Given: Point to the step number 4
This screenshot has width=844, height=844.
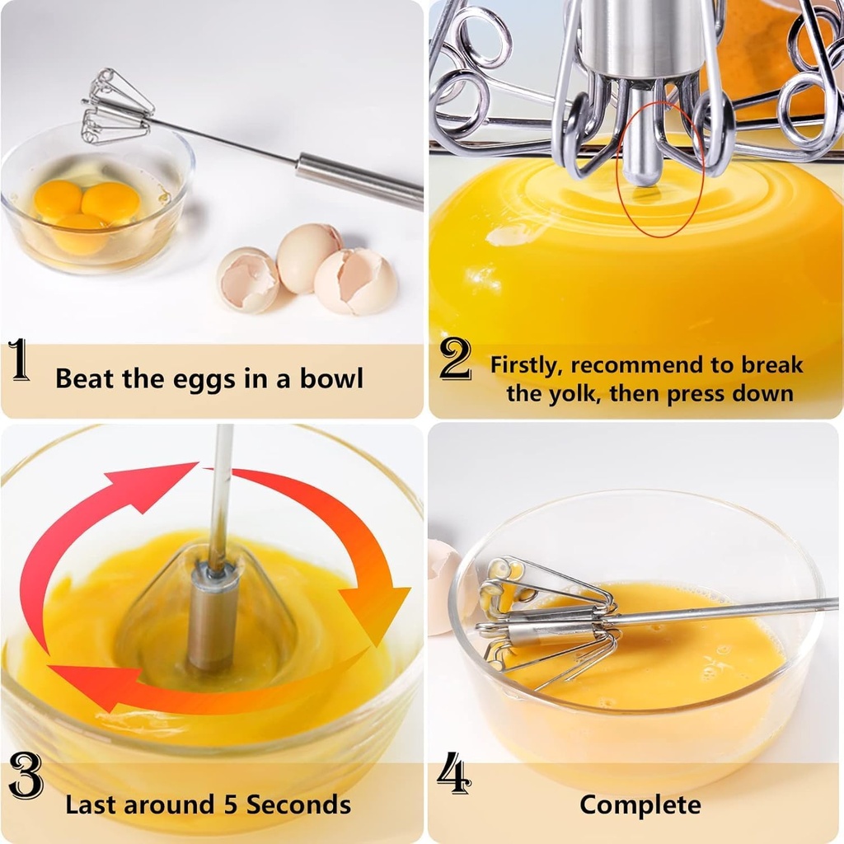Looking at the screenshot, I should click(454, 776).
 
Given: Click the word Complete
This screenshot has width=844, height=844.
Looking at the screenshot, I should click(640, 804).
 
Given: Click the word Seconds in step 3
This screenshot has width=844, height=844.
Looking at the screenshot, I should click(298, 804).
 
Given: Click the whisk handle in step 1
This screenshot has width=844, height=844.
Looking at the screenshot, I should click(358, 179).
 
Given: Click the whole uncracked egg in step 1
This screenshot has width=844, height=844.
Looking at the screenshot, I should click(307, 256).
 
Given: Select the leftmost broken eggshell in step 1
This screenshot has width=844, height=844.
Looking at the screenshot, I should click(247, 280).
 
